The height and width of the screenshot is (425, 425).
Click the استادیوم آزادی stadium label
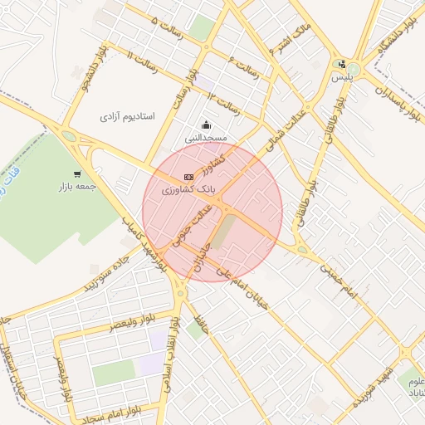pyautogui.click(x=128, y=117)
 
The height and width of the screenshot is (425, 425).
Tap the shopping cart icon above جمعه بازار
pyautogui.click(x=76, y=174)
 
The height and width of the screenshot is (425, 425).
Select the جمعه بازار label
pyautogui.click(x=77, y=187)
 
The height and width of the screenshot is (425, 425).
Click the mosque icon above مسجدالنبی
pyautogui.click(x=206, y=125)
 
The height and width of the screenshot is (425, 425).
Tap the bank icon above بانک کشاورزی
pyautogui.click(x=189, y=177)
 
